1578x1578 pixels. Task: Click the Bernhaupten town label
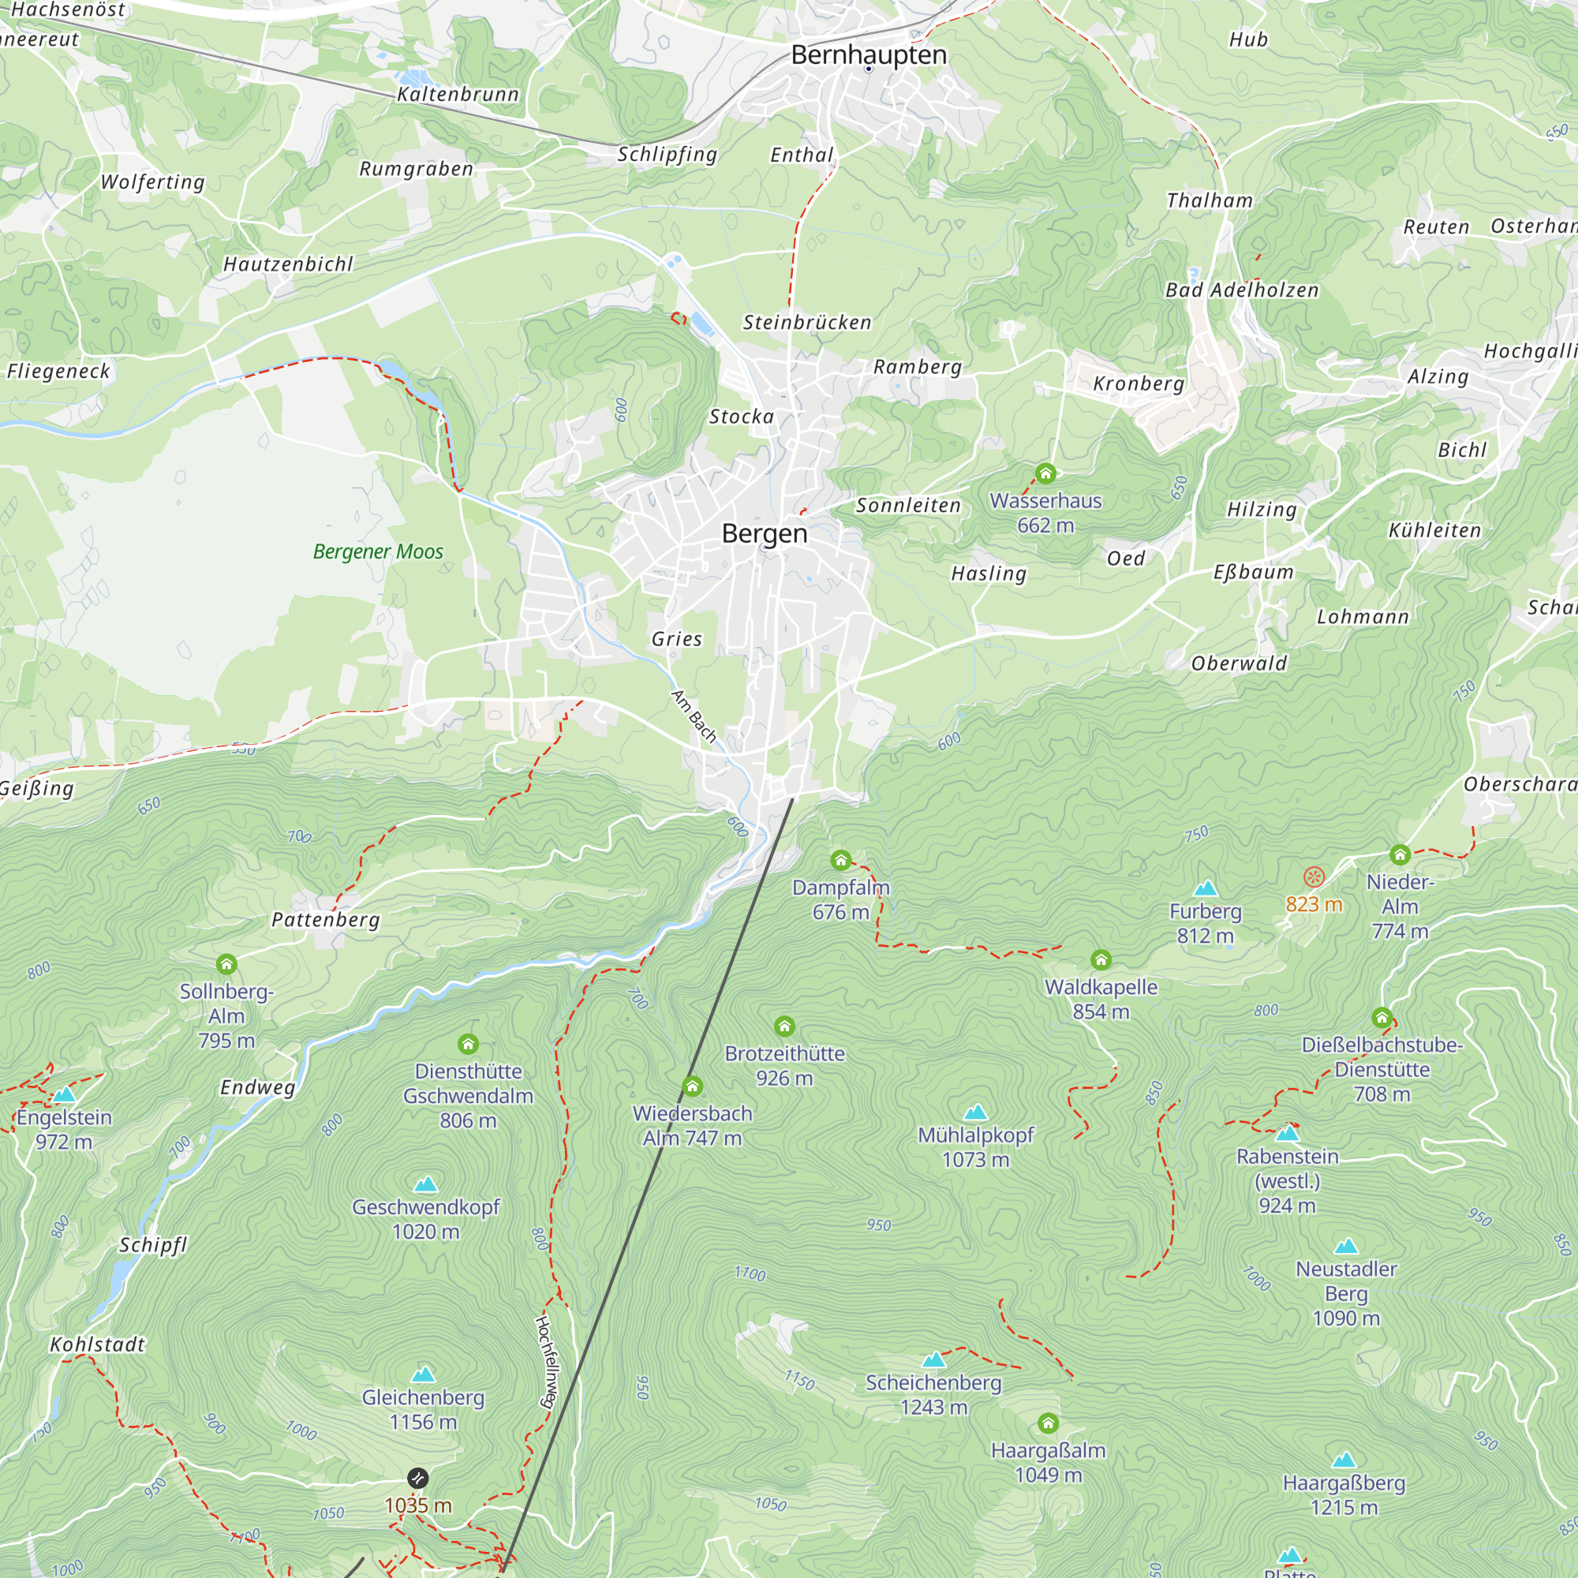click(x=869, y=54)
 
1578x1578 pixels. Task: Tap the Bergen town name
click(x=765, y=533)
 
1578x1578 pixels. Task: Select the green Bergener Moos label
click(x=378, y=552)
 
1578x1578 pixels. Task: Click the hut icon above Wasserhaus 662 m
click(x=1045, y=473)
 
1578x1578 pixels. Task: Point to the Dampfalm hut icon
click(x=840, y=859)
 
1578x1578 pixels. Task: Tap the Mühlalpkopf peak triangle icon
click(x=975, y=1112)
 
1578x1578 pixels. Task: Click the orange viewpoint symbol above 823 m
click(x=1314, y=877)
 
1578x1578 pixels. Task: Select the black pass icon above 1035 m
click(x=417, y=1479)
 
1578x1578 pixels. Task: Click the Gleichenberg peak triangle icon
click(x=423, y=1374)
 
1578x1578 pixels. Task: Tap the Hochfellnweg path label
click(x=546, y=1362)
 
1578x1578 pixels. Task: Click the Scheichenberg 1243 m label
click(x=933, y=1394)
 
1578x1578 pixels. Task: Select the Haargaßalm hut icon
click(x=1048, y=1423)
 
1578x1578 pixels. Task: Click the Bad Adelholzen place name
click(x=1241, y=290)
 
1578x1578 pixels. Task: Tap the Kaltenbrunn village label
click(x=458, y=95)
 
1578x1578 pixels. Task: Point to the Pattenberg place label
click(x=326, y=920)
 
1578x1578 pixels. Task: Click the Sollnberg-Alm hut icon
click(x=226, y=964)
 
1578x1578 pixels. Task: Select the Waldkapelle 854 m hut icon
click(x=1101, y=959)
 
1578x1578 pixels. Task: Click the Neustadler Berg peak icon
click(x=1346, y=1247)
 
